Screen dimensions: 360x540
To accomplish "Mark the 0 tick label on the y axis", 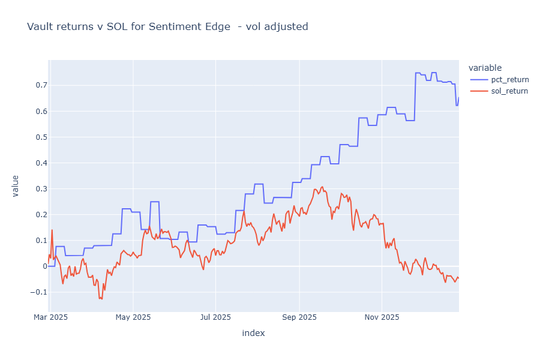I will pyautogui.click(x=43, y=266).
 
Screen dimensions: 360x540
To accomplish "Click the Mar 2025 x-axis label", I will pyautogui.click(x=50, y=317).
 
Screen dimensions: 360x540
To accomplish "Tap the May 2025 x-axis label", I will pyautogui.click(x=133, y=317).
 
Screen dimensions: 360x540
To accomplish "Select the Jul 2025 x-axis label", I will pyautogui.click(x=215, y=317).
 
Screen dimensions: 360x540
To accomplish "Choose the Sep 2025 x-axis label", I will pyautogui.click(x=299, y=317).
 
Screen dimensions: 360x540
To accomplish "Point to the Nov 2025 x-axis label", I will pyautogui.click(x=381, y=317).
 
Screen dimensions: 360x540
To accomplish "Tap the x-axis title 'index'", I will pyautogui.click(x=253, y=333).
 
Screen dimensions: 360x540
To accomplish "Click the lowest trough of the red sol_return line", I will pyautogui.click(x=101, y=299).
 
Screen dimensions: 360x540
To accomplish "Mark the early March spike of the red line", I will pyautogui.click(x=52, y=230).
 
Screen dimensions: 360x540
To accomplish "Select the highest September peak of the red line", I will pyautogui.click(x=322, y=187).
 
